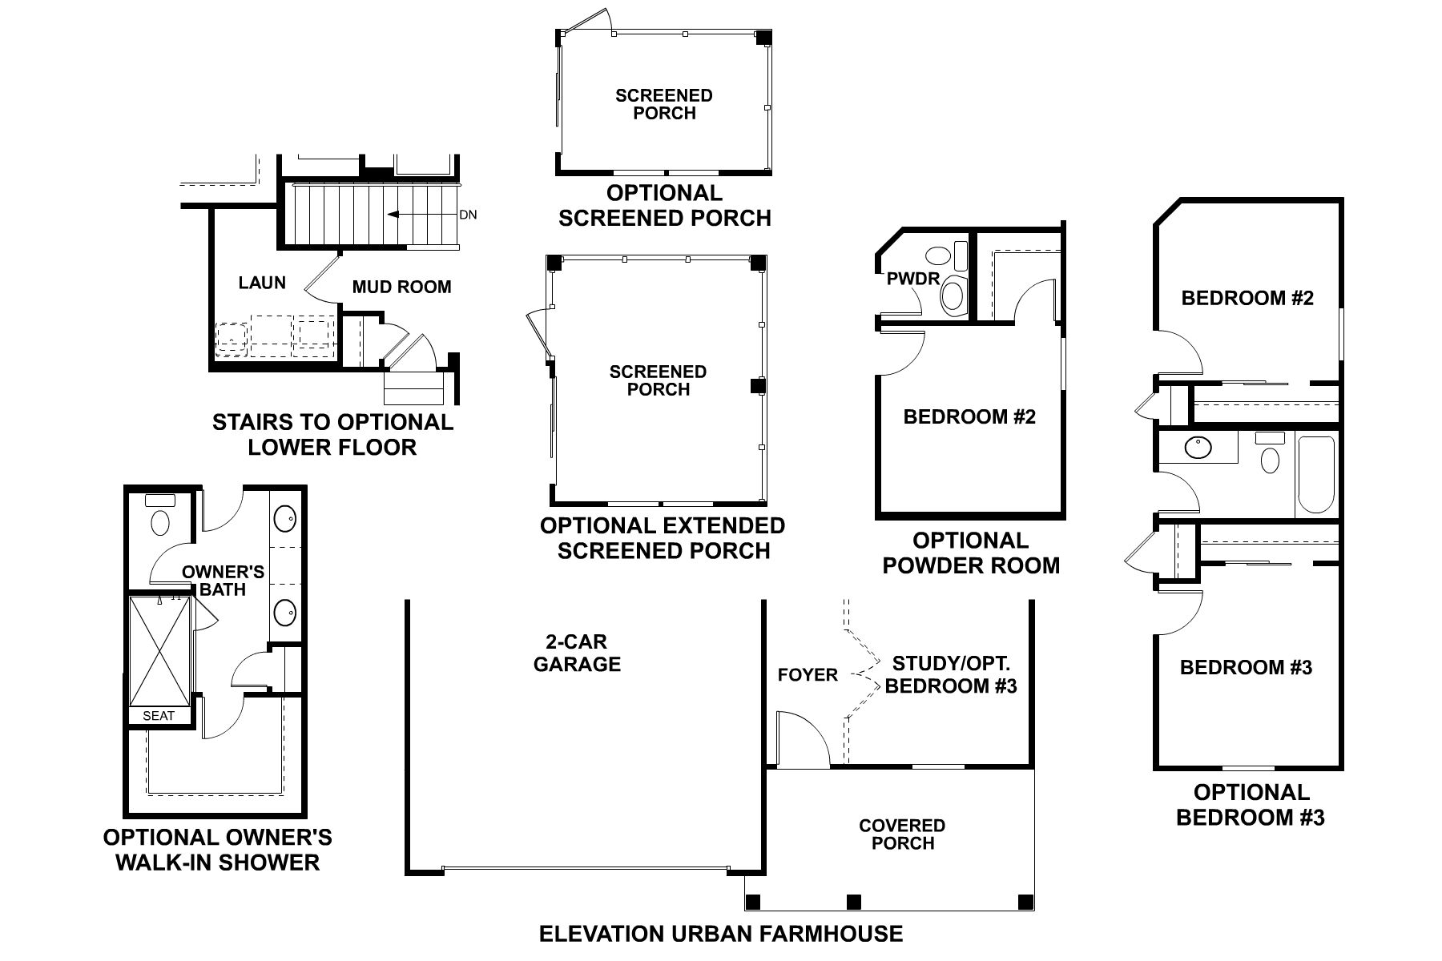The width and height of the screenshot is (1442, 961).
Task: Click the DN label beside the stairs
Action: [468, 215]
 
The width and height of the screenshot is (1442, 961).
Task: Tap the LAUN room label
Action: [262, 283]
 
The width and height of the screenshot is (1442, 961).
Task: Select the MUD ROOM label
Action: [401, 287]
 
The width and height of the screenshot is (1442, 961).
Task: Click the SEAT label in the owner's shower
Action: [159, 716]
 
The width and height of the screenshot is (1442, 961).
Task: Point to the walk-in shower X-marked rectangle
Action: [160, 650]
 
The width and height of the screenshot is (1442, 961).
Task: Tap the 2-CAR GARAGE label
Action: [577, 653]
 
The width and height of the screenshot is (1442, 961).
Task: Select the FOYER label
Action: [808, 675]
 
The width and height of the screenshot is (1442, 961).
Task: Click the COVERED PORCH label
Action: [902, 834]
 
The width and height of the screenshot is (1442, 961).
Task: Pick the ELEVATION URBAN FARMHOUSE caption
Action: [721, 934]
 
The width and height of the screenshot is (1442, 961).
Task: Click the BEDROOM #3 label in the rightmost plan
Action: [1246, 667]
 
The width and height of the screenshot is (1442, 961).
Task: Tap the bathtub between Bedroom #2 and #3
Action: [1315, 473]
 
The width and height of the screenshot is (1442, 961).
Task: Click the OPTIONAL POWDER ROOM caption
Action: [970, 553]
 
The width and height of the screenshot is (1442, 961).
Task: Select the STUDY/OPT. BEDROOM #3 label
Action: [951, 674]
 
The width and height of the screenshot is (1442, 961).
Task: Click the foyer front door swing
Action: [804, 741]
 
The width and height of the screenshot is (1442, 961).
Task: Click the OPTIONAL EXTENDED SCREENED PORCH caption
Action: [663, 538]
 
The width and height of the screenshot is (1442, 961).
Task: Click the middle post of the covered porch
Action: [854, 901]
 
